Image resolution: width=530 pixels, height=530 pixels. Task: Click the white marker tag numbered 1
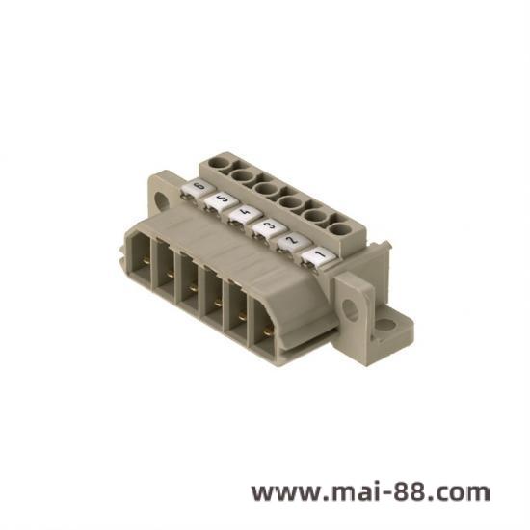click(x=319, y=257)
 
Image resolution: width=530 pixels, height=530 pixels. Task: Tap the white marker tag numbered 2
click(x=291, y=242)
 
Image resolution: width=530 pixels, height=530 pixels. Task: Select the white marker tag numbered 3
click(x=267, y=228)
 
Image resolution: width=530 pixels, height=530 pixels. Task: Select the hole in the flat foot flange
click(x=384, y=324)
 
